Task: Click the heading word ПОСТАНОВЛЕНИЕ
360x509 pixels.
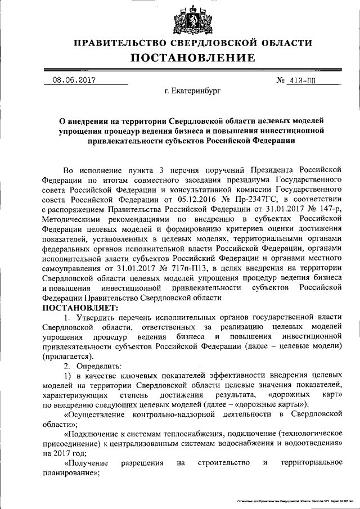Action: (x=193, y=58)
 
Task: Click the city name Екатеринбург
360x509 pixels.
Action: (x=193, y=90)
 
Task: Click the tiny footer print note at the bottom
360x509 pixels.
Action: (x=289, y=499)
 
